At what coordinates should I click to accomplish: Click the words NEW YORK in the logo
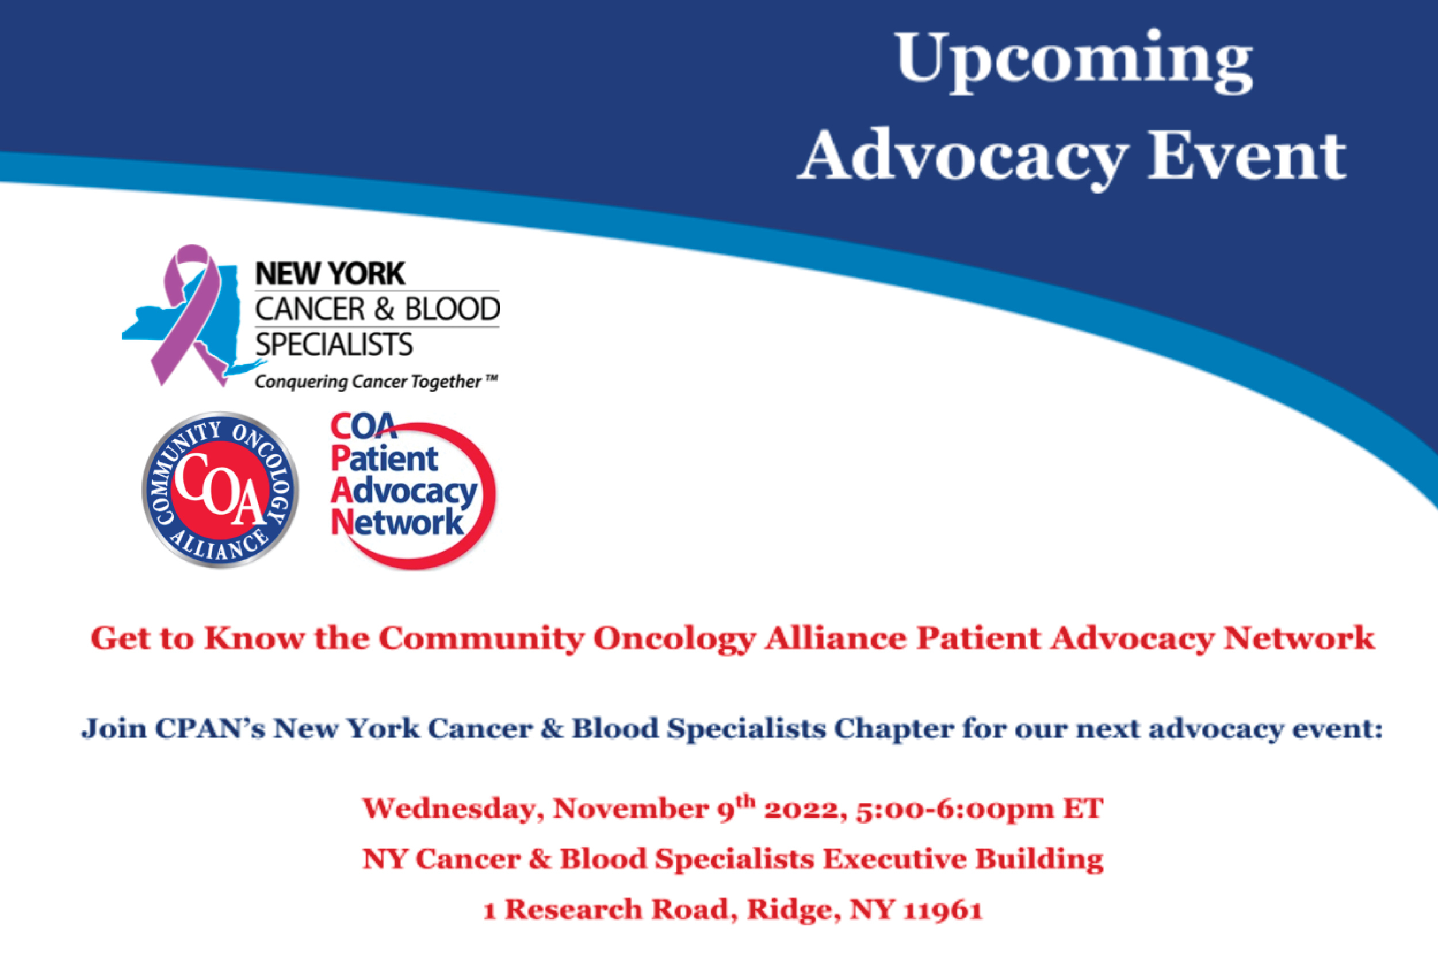point(330,274)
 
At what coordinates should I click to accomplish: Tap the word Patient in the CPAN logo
point(385,459)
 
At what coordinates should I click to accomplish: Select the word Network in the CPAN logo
point(397,523)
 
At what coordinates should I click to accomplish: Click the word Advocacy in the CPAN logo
point(404,492)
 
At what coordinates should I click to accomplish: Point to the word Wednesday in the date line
point(453,810)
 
